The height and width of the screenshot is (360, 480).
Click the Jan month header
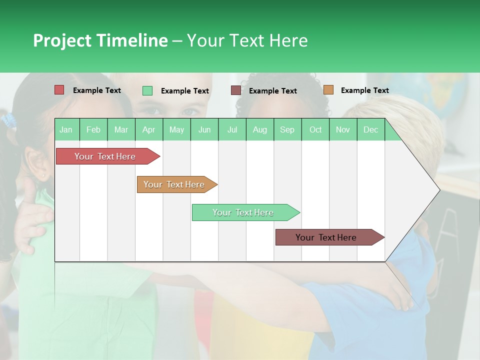click(66, 129)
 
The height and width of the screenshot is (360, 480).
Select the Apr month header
click(148, 129)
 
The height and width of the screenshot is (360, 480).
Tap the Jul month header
click(232, 129)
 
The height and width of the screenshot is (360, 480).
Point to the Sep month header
click(287, 129)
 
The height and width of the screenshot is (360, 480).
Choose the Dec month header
click(370, 129)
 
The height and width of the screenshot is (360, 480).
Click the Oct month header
click(315, 129)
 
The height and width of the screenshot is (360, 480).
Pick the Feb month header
click(93, 129)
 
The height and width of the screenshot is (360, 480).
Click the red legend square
click(59, 90)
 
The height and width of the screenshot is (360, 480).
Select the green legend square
click(147, 90)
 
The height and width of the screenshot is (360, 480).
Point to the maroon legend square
click(236, 90)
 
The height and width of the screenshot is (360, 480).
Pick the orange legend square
click(328, 90)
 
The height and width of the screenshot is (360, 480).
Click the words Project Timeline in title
click(100, 40)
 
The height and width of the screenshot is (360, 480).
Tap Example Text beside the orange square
click(364, 90)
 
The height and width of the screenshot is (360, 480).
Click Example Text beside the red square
click(97, 90)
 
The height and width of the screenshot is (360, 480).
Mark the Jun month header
click(204, 129)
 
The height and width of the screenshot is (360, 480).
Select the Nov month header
click(343, 129)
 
